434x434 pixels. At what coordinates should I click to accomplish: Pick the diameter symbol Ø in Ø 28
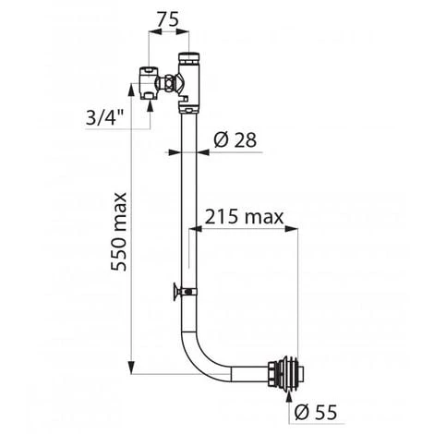pos(223,141)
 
